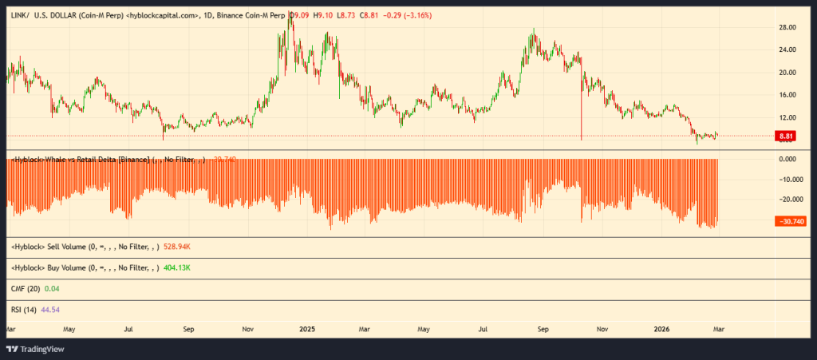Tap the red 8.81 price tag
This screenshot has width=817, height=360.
[785, 136]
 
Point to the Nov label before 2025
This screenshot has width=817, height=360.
[248, 328]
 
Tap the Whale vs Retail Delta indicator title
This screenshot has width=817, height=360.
[93, 160]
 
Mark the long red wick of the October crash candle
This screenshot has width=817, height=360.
[582, 112]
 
